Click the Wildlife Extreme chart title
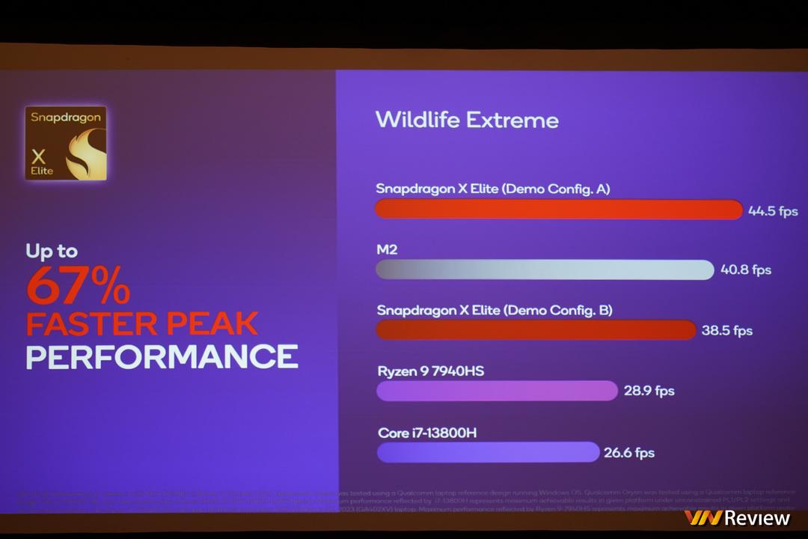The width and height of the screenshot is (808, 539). pos(466,120)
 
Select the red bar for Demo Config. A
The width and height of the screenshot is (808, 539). pos(558,210)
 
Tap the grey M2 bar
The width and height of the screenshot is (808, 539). pos(544,269)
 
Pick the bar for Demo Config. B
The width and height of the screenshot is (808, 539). pos(536,330)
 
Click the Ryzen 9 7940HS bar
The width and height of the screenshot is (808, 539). pos(497,391)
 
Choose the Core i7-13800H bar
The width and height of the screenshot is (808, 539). pos(488,452)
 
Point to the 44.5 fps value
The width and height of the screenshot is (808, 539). pos(773,211)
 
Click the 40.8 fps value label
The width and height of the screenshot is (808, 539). pos(745,269)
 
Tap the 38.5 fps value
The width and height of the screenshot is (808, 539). pos(726,330)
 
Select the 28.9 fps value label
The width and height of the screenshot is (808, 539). pos(649,391)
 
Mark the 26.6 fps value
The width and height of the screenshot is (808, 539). pos(629,452)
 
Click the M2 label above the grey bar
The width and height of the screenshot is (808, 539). pos(386,250)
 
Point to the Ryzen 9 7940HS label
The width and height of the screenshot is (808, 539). pos(425,371)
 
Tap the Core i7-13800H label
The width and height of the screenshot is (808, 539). pos(427,433)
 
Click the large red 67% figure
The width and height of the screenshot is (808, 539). pos(78,285)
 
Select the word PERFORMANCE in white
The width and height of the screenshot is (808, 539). pos(162,356)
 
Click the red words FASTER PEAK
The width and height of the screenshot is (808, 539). pos(142,323)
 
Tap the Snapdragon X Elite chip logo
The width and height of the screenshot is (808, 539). pos(66,143)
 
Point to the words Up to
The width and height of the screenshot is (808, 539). pos(52,252)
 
